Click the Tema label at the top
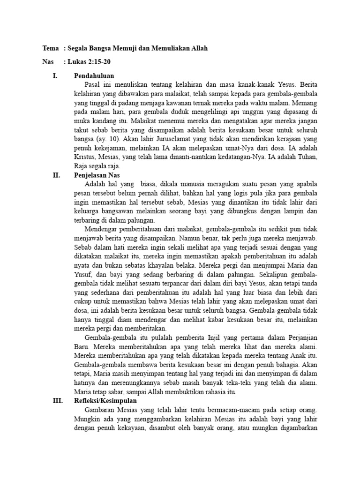tap(51, 48)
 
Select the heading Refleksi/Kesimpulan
tap(105, 401)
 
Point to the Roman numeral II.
tap(56, 175)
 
